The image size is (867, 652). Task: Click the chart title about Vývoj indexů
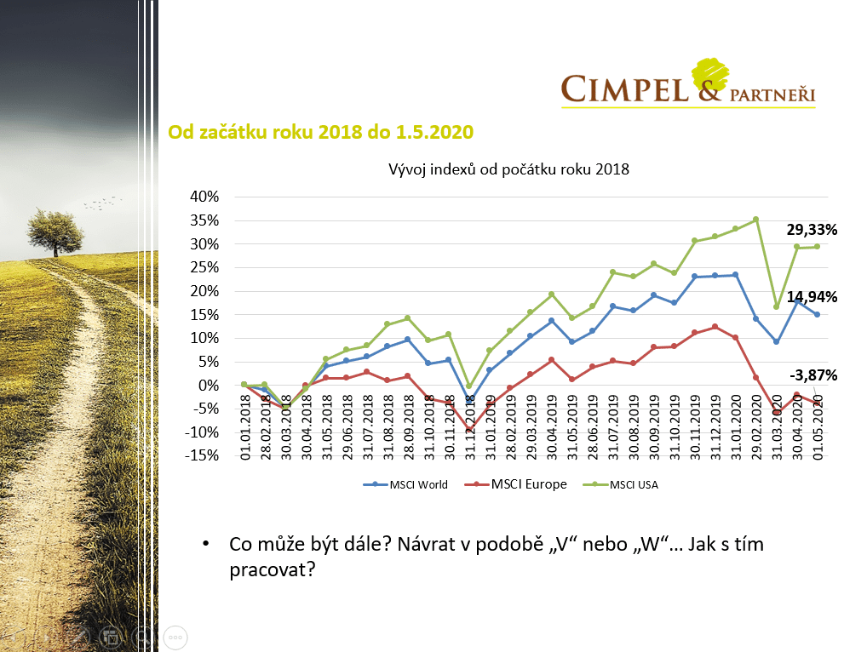508,169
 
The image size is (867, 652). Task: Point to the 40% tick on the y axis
204,197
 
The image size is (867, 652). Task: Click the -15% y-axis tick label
203,455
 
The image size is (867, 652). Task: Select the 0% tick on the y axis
210,385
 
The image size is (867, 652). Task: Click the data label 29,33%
812,230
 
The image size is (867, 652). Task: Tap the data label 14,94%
812,297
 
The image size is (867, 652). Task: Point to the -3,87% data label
812,375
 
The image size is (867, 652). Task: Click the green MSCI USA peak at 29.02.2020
755,220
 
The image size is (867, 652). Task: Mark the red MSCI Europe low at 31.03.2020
777,413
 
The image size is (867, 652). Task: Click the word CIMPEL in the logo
624,89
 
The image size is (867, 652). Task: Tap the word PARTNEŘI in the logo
772,94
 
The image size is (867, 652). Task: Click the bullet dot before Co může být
205,544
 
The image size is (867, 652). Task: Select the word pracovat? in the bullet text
268,568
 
